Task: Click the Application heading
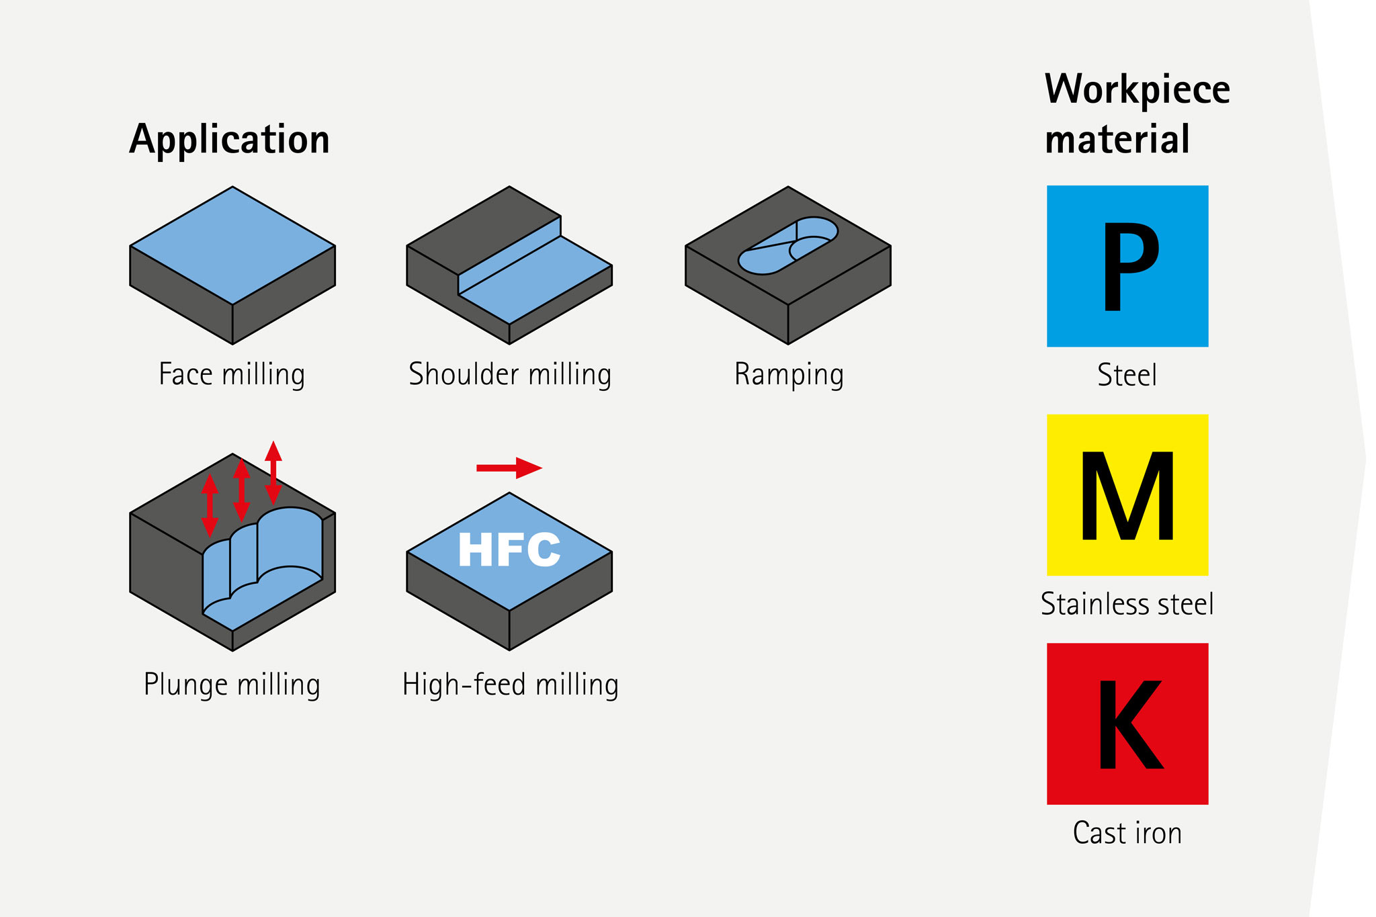coord(229,140)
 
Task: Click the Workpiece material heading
coord(1136,114)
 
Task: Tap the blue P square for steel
coord(1127,266)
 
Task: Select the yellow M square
coord(1127,495)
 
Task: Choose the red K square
coord(1127,724)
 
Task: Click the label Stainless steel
coord(1127,604)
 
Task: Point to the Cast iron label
coord(1127,833)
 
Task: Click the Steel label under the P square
coord(1127,375)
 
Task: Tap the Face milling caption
coord(232,374)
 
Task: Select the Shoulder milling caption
coord(510,374)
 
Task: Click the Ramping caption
coord(789,374)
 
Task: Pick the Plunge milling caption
coord(232,685)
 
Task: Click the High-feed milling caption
coord(510,685)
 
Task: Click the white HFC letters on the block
coord(509,550)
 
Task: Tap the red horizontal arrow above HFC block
coord(509,468)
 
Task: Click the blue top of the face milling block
coord(232,245)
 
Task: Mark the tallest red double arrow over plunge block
coord(273,472)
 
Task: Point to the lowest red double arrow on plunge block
coord(210,505)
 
